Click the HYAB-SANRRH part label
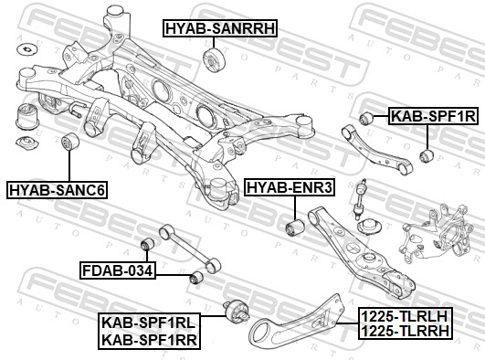click(219, 28)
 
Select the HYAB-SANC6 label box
click(57, 190)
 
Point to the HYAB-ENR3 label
click(291, 188)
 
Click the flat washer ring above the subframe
click(27, 48)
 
